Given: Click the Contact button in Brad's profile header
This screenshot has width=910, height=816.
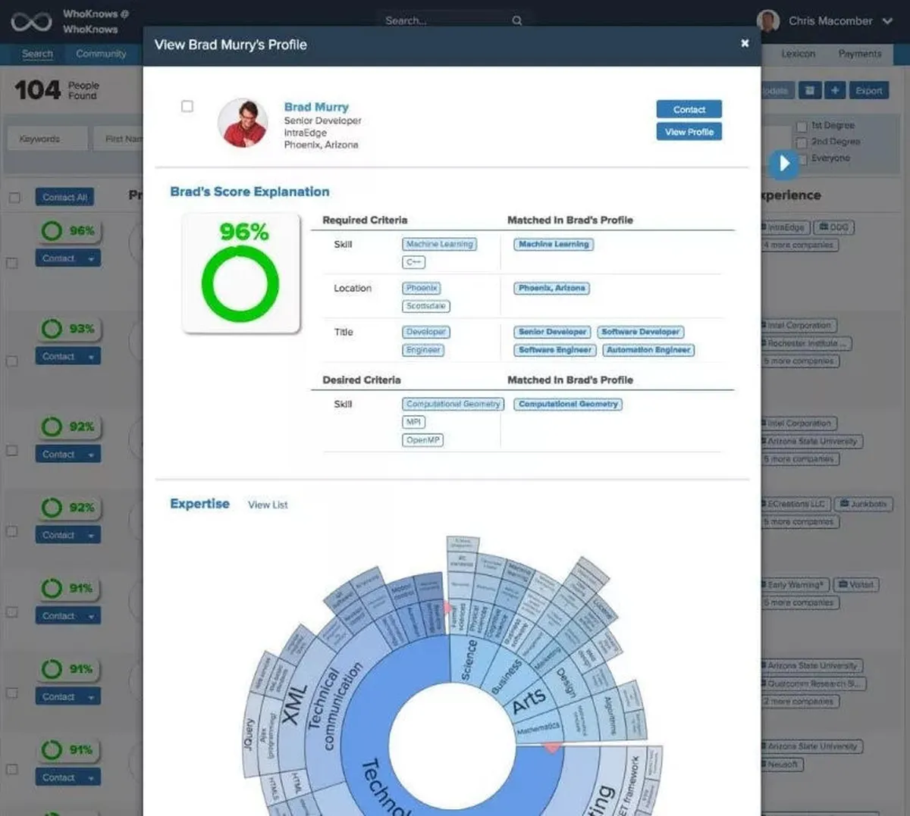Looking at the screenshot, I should [689, 110].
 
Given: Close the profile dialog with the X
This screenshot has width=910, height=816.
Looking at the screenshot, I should [745, 43].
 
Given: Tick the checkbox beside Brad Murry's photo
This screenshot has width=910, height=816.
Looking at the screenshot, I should [187, 107].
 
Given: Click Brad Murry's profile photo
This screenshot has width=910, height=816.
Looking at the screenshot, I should [243, 122].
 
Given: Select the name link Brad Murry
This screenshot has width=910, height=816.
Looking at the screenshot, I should [316, 107].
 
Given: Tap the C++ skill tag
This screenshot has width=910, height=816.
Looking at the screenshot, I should [413, 262].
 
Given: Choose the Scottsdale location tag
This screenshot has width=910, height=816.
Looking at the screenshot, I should [425, 306].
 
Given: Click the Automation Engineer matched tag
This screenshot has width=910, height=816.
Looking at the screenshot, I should [648, 350].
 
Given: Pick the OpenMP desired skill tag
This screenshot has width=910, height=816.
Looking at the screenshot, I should [422, 440].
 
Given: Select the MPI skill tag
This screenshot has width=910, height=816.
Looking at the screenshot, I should [413, 422].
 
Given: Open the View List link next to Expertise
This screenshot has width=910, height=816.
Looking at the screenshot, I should [268, 505].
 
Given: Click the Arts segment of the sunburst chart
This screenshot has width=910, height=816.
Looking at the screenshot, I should [529, 700].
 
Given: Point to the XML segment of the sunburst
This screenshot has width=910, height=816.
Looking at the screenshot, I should [293, 704].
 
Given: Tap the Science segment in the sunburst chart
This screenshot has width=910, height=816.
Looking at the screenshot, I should [469, 658].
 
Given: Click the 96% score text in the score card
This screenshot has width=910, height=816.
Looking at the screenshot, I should [243, 232].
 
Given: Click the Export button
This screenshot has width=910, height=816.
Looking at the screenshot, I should [868, 91].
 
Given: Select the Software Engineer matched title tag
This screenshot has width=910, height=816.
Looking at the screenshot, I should [554, 350].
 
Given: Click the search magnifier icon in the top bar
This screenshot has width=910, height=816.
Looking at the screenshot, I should [517, 21].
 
